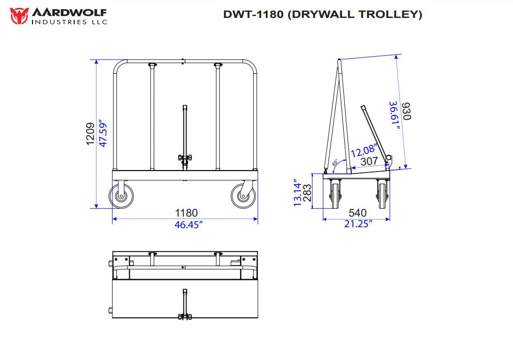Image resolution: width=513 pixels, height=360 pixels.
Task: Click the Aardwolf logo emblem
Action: [19, 15]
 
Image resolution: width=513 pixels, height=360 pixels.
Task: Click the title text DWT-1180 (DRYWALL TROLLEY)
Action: [322, 14]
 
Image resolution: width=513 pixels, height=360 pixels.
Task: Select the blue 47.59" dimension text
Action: [102, 134]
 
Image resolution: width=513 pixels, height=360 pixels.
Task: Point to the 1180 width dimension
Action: [186, 213]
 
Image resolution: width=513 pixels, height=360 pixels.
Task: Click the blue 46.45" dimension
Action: [186, 224]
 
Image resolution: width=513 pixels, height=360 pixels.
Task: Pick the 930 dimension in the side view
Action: [406, 111]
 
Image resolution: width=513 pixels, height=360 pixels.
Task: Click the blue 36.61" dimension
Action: [395, 115]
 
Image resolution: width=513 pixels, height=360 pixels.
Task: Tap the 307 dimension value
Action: [369, 161]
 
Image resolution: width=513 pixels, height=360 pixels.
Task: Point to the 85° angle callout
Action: [336, 163]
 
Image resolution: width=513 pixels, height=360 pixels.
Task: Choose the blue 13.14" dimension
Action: [297, 194]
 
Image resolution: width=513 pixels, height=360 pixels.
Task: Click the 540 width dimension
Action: [357, 213]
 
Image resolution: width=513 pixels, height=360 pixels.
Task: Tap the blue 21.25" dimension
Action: [357, 224]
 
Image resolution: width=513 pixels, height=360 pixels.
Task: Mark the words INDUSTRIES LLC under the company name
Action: [69, 21]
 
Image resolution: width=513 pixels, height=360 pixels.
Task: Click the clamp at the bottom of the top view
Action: [184, 316]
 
